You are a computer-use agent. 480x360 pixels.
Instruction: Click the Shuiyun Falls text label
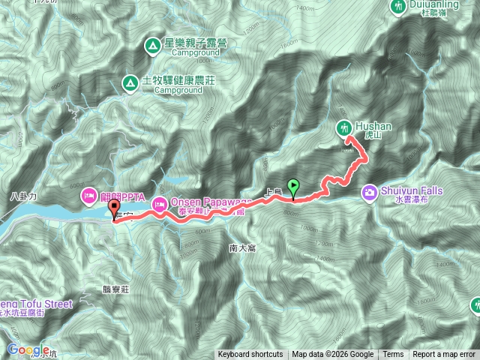412,191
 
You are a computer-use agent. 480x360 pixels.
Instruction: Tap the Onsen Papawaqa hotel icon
160,203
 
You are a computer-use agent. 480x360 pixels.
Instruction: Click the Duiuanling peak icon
397,5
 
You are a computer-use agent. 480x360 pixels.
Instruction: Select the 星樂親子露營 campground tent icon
152,46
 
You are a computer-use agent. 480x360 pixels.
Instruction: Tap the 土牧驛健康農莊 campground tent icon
130,82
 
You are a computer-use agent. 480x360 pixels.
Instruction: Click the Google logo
28,349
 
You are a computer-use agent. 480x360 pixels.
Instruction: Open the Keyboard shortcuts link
250,355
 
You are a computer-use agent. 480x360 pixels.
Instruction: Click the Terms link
393,355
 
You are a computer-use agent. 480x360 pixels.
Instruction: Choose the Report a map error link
443,355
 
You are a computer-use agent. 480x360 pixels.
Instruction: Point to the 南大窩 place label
243,247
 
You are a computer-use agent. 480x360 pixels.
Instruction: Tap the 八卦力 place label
24,196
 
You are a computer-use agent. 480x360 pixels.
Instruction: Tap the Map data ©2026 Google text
333,355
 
